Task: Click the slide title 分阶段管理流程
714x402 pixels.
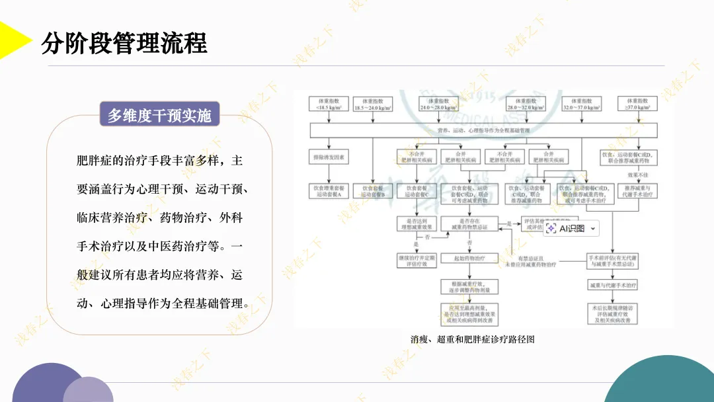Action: point(124,44)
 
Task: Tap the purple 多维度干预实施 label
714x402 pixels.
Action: point(159,116)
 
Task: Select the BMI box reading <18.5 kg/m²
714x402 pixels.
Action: point(329,104)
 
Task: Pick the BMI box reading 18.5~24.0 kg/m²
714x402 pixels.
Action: point(373,104)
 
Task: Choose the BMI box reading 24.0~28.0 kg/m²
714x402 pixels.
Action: point(438,104)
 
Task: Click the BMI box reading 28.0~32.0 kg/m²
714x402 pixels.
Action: point(527,104)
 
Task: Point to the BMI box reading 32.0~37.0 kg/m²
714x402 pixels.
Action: point(582,104)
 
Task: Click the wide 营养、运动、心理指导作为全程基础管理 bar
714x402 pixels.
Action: point(484,131)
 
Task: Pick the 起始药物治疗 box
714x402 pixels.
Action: point(469,258)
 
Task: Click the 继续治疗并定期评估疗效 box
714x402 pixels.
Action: point(416,261)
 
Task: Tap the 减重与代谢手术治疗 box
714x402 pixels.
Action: point(614,286)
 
